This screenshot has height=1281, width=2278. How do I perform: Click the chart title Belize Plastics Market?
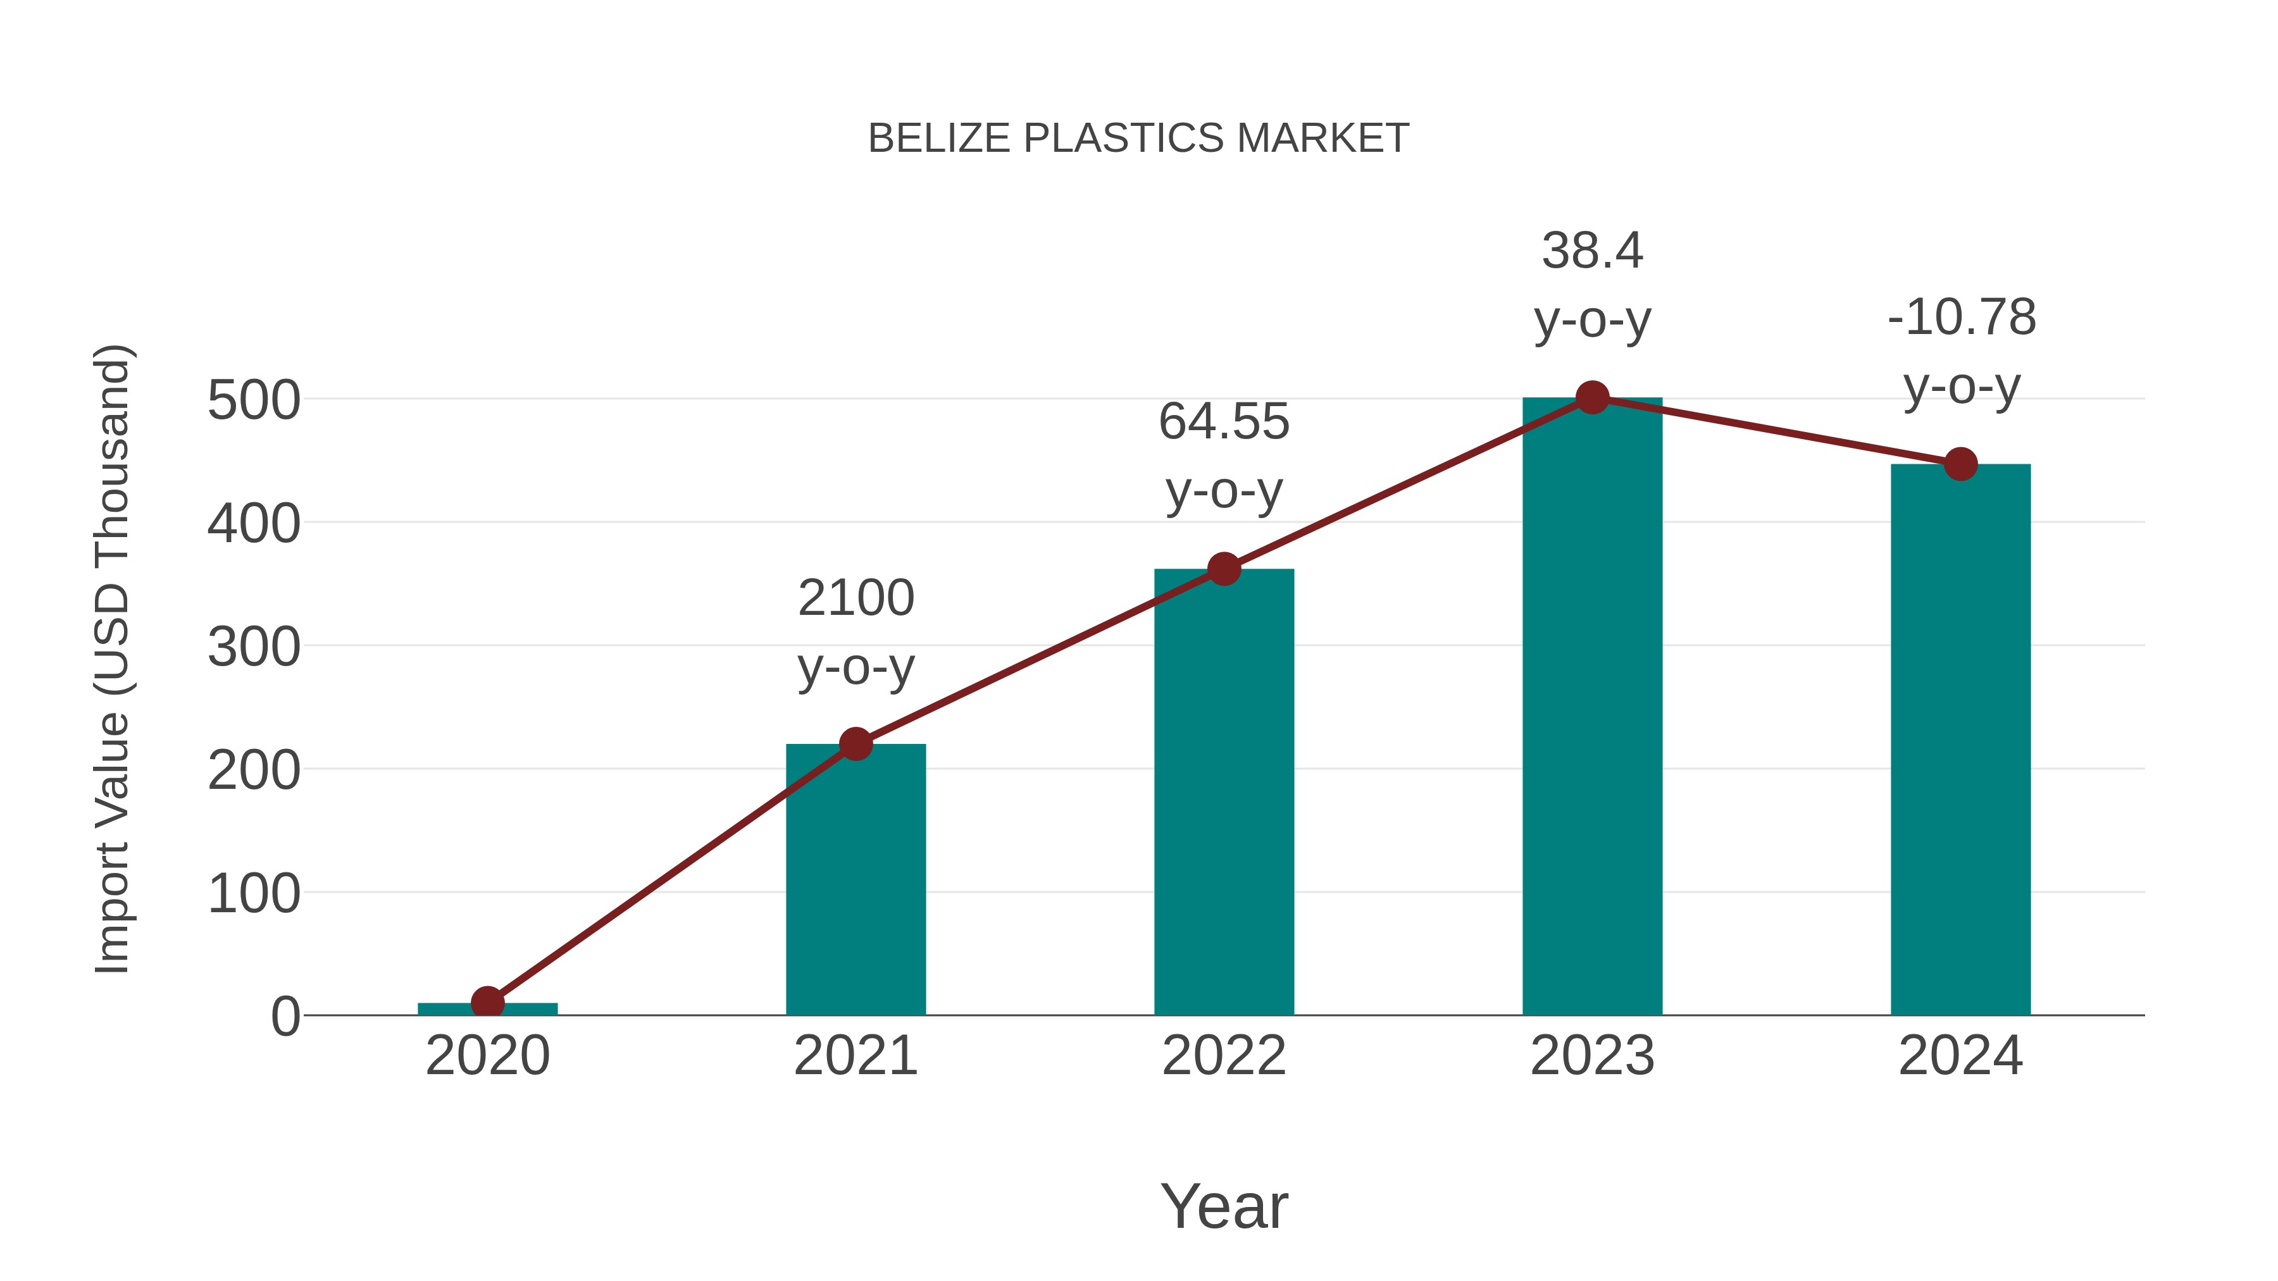(1138, 139)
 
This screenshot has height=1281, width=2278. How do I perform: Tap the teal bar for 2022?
(1224, 796)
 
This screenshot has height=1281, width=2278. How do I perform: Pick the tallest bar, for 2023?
(1592, 707)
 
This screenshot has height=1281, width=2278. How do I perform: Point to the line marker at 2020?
(487, 1003)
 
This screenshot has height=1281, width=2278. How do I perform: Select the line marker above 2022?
(1224, 569)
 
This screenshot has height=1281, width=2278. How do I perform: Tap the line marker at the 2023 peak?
(1592, 398)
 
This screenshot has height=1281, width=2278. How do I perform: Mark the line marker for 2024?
(1960, 464)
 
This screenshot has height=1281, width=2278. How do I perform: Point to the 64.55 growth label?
(1224, 455)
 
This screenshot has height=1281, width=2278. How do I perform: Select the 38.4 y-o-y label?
(1592, 285)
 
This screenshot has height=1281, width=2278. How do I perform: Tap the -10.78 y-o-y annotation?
(1960, 351)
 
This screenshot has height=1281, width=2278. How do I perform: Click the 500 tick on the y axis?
(254, 400)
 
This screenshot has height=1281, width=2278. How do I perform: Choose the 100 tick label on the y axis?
(254, 894)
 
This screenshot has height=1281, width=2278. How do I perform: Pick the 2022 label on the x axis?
(1224, 1056)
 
